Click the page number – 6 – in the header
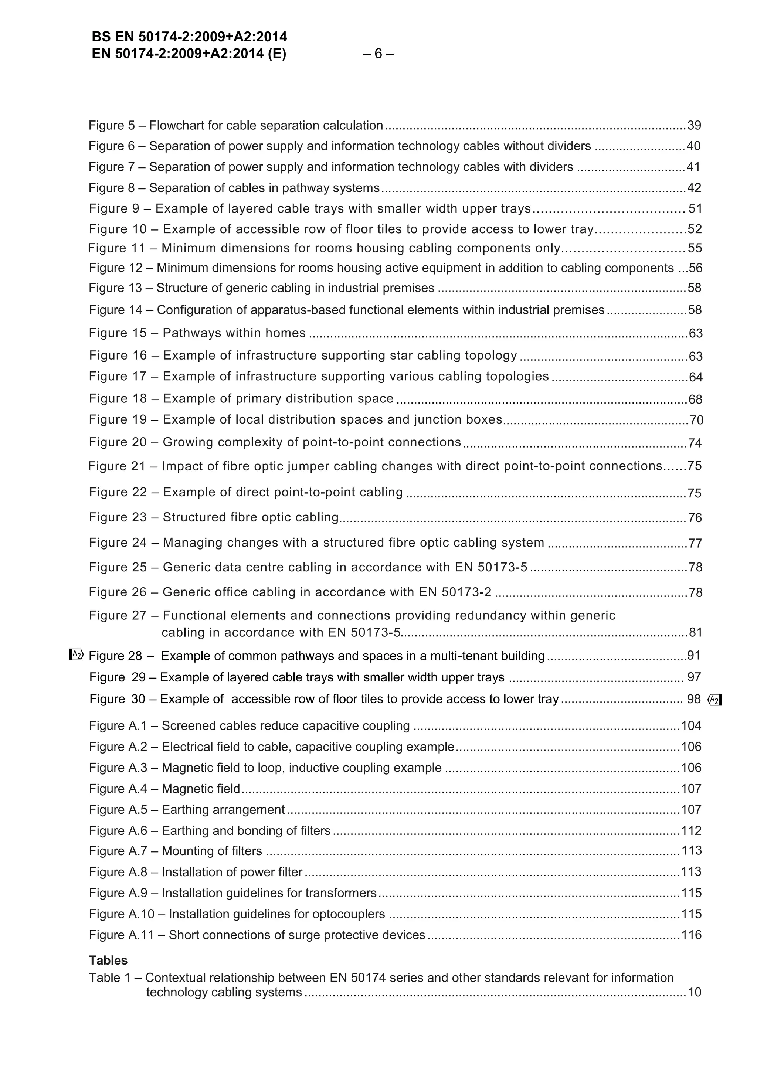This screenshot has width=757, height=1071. coord(378,54)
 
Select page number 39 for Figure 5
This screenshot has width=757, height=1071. coord(694,126)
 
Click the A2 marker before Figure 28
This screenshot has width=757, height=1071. coord(76,655)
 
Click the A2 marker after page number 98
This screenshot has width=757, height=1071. coord(714,700)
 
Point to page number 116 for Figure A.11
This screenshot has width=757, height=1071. coord(691,935)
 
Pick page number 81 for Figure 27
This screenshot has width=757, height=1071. coord(695,633)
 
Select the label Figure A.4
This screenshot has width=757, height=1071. coord(118,788)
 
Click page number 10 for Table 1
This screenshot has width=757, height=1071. coord(695,992)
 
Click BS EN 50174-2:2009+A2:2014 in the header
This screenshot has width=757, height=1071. coord(189,37)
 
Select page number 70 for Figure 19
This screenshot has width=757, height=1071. coord(696,420)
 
